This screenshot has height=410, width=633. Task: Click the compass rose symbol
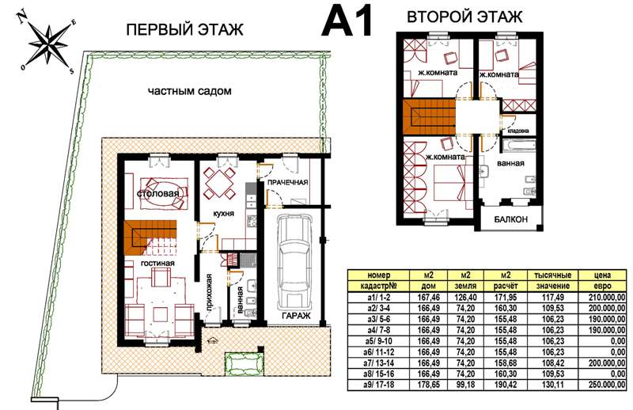pyautogui.click(x=48, y=44)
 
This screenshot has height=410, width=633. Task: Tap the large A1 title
pyautogui.click(x=347, y=22)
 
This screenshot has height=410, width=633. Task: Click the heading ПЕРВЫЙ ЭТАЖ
pyautogui.click(x=185, y=30)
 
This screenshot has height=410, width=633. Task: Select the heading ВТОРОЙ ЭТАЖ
pyautogui.click(x=464, y=17)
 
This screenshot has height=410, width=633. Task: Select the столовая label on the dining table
pyautogui.click(x=158, y=193)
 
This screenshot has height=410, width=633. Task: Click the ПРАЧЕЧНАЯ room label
pyautogui.click(x=288, y=183)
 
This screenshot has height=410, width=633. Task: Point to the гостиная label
pyautogui.click(x=157, y=264)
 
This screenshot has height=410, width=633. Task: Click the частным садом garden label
pyautogui.click(x=190, y=91)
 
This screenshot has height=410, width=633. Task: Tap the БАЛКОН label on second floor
pyautogui.click(x=510, y=219)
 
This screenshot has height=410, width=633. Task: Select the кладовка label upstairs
pyautogui.click(x=518, y=131)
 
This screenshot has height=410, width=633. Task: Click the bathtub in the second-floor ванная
pyautogui.click(x=518, y=146)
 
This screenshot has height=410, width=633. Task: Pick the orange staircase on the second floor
pyautogui.click(x=429, y=118)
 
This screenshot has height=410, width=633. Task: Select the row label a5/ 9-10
pyautogui.click(x=379, y=341)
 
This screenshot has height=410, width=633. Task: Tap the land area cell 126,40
pyautogui.click(x=465, y=298)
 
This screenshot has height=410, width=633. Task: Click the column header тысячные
pyautogui.click(x=553, y=275)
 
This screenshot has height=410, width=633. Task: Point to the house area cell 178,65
pyautogui.click(x=428, y=385)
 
